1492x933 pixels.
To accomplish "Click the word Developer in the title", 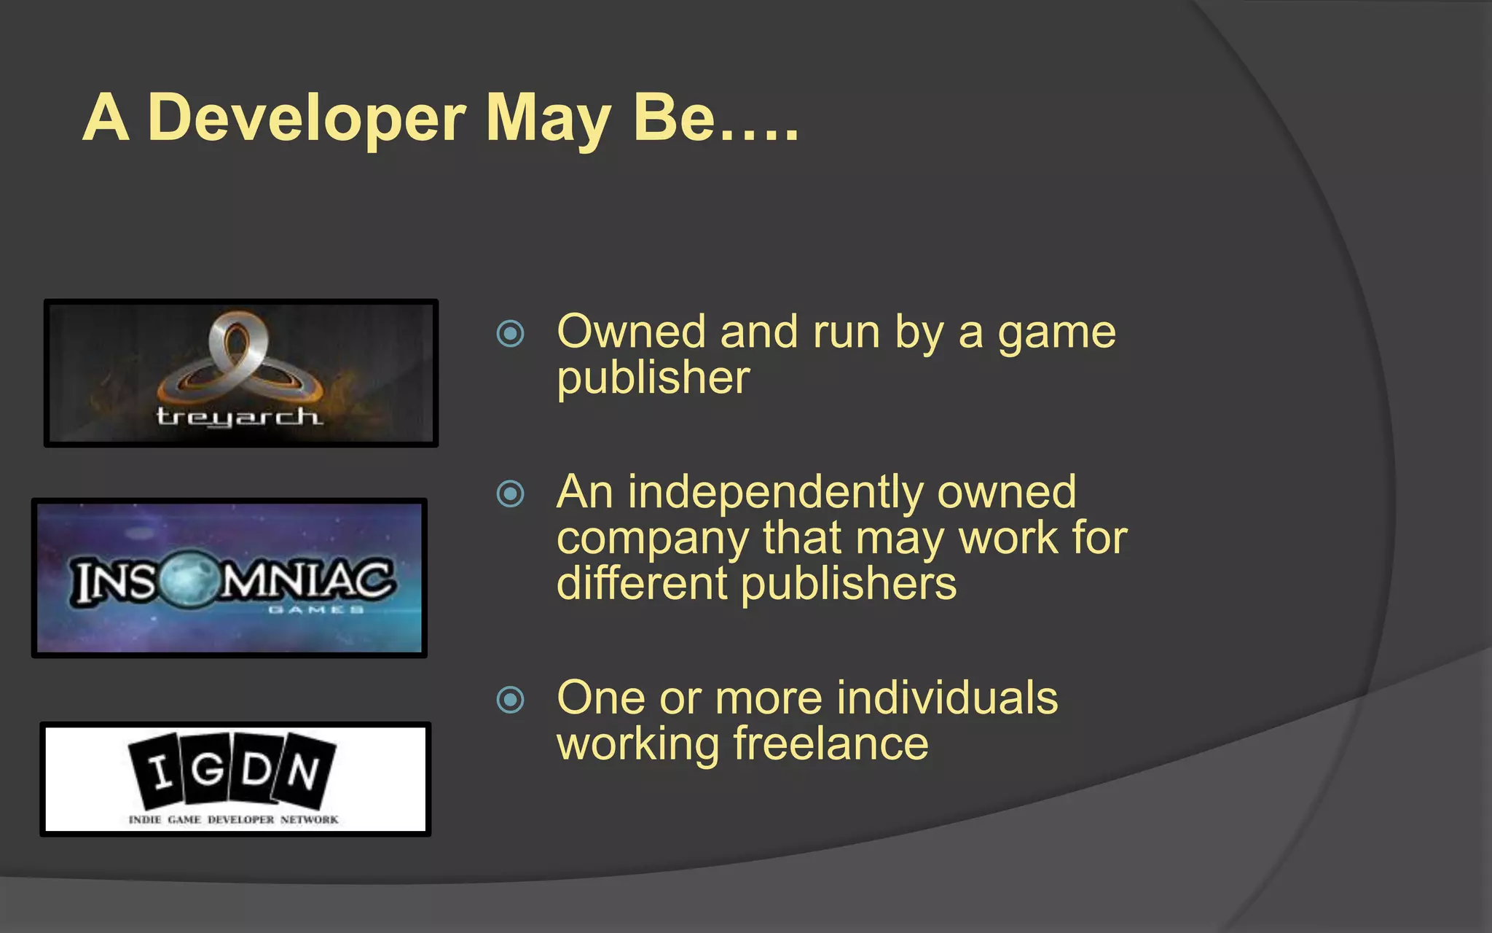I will (306, 118).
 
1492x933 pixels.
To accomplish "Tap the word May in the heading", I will (548, 118).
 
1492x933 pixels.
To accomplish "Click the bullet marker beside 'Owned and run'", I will (510, 334).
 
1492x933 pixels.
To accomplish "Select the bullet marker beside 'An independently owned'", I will (510, 494).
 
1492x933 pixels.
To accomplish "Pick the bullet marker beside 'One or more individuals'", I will (510, 700).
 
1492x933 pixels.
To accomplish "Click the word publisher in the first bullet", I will (653, 378).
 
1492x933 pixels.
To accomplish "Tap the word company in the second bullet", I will (652, 539).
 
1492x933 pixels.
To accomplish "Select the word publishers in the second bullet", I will (848, 585).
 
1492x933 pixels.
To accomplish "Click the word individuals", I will (946, 698).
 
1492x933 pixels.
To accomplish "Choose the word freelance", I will (831, 743).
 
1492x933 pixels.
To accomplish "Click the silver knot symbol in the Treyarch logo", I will (238, 357).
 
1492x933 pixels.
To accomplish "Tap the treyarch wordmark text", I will (238, 416).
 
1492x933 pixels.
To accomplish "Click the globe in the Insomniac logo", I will (188, 580).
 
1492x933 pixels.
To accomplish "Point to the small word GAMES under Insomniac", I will (315, 609).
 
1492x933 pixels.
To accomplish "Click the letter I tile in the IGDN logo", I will (157, 771).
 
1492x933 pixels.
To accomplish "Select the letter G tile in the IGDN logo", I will (207, 768).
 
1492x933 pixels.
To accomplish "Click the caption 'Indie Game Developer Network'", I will (233, 819).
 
